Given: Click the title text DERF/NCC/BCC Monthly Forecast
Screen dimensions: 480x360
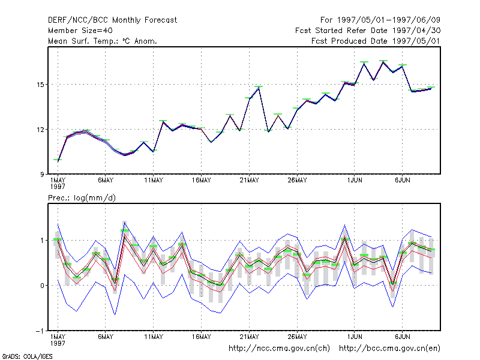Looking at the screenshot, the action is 112,20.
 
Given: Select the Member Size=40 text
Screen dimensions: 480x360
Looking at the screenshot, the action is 80,31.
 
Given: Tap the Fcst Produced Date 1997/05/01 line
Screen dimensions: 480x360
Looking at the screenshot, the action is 376,41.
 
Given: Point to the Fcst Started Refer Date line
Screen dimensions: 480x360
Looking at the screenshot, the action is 368,31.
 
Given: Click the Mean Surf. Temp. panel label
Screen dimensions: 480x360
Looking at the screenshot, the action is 102,41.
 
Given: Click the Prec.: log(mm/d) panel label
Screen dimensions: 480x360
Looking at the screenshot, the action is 82,198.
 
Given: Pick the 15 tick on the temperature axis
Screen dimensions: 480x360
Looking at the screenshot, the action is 40,85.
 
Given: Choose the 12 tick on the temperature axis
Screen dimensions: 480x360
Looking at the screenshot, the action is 40,130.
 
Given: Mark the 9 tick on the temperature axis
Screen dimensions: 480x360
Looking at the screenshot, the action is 42,175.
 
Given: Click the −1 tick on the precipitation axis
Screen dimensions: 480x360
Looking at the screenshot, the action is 40,331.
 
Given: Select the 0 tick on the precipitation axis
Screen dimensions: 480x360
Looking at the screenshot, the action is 42,286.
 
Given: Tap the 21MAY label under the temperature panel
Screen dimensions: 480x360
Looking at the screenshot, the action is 249,181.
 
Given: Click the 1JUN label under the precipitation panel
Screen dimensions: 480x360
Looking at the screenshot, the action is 355,337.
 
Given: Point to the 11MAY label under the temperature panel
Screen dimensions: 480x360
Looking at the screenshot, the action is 154,181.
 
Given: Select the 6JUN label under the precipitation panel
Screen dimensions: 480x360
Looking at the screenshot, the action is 403,337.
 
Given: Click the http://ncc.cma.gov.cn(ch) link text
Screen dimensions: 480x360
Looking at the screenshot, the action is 279,349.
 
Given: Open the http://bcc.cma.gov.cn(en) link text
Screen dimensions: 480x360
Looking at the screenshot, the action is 389,349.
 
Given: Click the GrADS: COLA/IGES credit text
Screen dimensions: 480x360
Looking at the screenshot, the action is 27,356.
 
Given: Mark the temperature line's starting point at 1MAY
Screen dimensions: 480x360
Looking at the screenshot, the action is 58,160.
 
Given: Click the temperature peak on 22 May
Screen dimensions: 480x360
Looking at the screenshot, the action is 259,87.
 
